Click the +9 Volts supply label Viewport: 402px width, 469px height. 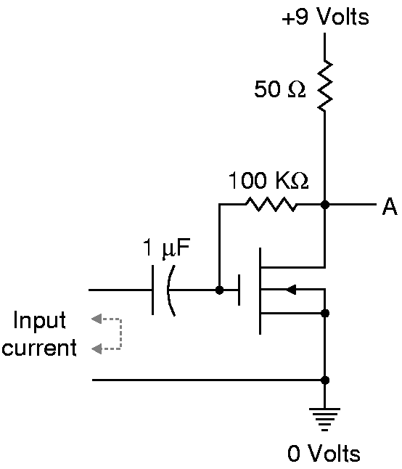pyautogui.click(x=326, y=17)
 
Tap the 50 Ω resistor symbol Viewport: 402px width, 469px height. pyautogui.click(x=325, y=86)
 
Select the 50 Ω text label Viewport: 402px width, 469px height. pyautogui.click(x=280, y=89)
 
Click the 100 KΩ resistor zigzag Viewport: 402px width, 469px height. pyautogui.click(x=271, y=204)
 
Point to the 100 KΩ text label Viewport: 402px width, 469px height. pyautogui.click(x=268, y=180)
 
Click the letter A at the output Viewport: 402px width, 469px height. pyautogui.click(x=390, y=206)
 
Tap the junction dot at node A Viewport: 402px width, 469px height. pyautogui.click(x=325, y=205)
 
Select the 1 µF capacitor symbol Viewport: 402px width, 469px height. pyautogui.click(x=163, y=290)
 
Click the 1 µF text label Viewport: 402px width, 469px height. pyautogui.click(x=166, y=248)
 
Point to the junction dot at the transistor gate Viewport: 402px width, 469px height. pyautogui.click(x=219, y=290)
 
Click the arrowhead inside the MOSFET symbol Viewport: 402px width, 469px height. pyautogui.click(x=291, y=290)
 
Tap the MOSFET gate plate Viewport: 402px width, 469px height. pyautogui.click(x=239, y=290)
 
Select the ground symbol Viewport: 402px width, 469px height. pyautogui.click(x=324, y=420)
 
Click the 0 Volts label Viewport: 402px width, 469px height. pyautogui.click(x=324, y=454)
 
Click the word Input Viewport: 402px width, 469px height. pyautogui.click(x=39, y=321)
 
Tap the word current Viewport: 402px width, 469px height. pyautogui.click(x=39, y=348)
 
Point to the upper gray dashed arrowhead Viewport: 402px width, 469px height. pyautogui.click(x=97, y=319)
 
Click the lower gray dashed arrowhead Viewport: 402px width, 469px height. pyautogui.click(x=97, y=348)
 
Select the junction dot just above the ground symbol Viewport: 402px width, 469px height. pyautogui.click(x=325, y=380)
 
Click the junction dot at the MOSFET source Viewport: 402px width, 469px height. pyautogui.click(x=325, y=313)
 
